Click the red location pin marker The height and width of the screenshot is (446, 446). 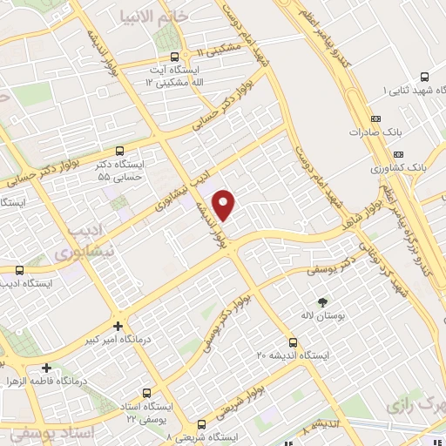[226, 205]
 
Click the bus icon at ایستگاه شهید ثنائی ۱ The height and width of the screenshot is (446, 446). [424, 77]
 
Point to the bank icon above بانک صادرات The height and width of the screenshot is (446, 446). [375, 118]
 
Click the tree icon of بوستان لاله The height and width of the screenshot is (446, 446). [323, 302]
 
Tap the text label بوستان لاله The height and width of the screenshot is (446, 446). [319, 315]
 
